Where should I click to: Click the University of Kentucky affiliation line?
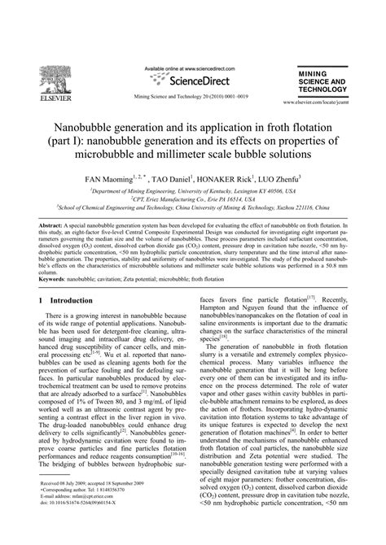tap(192, 188)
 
